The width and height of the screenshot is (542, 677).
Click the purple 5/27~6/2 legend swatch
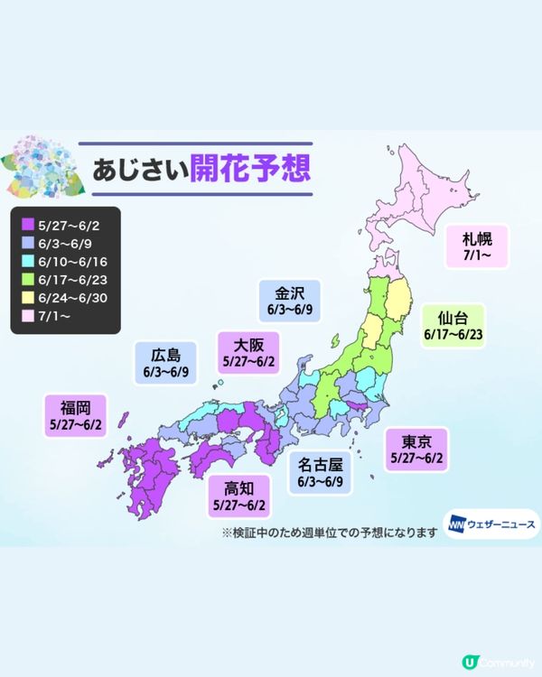click(26, 223)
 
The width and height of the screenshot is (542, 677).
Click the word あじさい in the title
click(137, 169)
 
